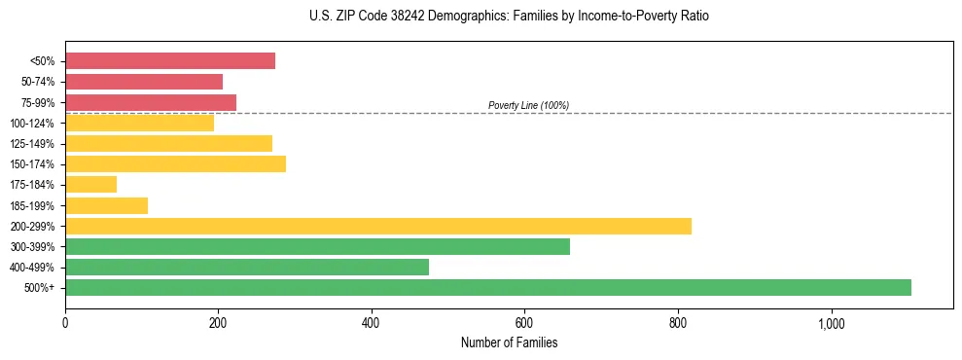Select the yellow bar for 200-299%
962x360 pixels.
[378, 226]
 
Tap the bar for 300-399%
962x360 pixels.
[317, 246]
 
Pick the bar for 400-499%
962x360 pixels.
[247, 267]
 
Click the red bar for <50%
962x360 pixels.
[170, 61]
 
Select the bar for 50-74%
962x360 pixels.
[144, 82]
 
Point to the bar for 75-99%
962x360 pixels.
[151, 102]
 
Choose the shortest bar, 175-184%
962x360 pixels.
[90, 184]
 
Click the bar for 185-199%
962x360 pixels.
[106, 205]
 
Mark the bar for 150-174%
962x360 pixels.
[175, 163]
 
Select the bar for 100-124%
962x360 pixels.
[139, 123]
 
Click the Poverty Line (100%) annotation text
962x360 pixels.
[528, 105]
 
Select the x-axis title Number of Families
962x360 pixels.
[509, 342]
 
